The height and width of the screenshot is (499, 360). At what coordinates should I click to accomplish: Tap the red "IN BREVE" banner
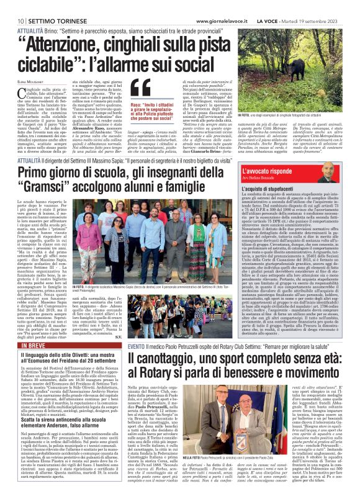(x=29, y=348)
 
